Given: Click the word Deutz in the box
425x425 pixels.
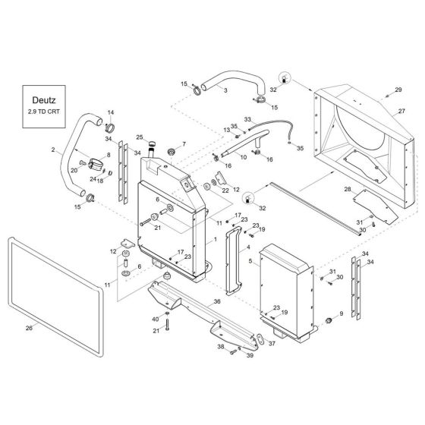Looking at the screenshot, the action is click(44, 100).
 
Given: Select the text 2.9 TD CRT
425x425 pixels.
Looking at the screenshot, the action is click(44, 112).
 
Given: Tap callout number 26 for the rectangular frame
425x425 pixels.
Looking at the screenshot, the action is click(29, 328).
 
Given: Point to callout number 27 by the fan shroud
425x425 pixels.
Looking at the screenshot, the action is click(401, 111).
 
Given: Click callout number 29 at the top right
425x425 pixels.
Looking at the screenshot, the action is click(398, 90).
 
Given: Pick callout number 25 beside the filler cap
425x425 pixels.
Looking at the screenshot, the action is click(140, 137).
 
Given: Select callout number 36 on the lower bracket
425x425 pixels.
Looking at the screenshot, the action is click(217, 301).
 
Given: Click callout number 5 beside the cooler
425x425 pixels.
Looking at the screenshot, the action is click(250, 261).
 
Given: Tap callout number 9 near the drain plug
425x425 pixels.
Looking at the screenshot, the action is click(342, 313).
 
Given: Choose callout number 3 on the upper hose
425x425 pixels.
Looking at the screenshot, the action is click(225, 90).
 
